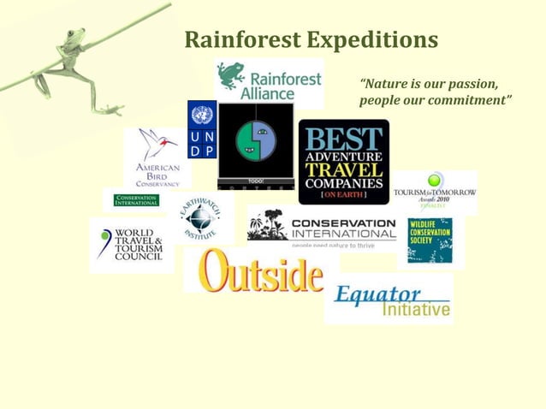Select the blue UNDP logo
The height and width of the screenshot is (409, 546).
pos(202,129)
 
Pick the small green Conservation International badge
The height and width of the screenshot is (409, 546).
pos(136,200)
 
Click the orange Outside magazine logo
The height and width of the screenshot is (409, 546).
pos(261,273)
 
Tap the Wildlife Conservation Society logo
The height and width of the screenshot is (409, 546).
pos(430,240)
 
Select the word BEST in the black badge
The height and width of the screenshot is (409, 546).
pos(344,139)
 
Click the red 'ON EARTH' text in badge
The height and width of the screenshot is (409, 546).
pos(344,195)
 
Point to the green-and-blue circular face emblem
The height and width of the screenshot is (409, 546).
pos(256,141)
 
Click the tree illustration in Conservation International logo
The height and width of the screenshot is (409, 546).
pos(267,224)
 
